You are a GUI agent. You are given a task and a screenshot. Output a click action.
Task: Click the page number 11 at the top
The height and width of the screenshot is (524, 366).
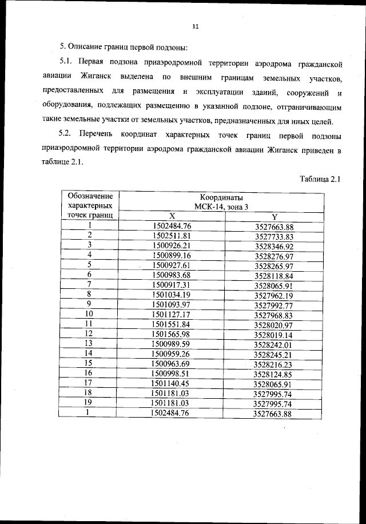click(195, 26)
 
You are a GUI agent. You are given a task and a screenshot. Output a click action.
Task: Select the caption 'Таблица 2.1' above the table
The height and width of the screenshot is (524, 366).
click(320, 179)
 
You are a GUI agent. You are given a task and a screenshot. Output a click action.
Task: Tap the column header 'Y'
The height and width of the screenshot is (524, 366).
click(274, 217)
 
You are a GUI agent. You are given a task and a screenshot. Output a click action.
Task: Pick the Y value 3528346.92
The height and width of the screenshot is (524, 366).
click(274, 246)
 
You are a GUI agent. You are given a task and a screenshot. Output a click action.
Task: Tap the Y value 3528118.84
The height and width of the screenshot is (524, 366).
click(274, 276)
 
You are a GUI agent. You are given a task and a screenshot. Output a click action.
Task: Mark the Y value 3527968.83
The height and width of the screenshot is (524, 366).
click(274, 315)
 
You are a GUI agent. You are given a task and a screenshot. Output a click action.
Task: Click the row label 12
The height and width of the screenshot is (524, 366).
click(89, 334)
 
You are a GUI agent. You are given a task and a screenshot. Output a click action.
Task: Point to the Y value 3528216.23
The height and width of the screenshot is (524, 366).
click(274, 364)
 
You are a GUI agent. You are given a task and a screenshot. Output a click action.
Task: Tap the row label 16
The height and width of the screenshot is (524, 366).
click(89, 373)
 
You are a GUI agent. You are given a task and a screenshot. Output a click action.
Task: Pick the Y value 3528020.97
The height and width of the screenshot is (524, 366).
click(274, 325)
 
